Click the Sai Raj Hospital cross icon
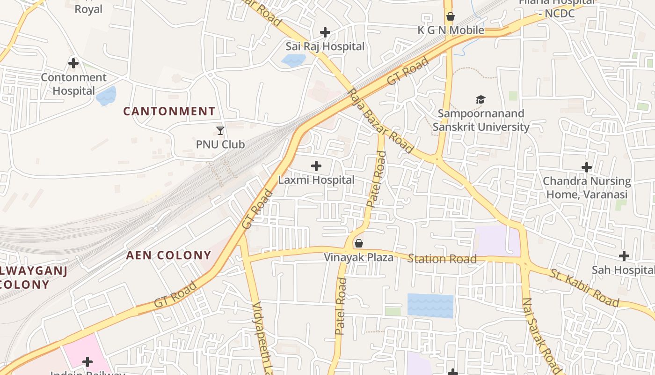pos(325,32)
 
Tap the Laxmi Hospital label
pos(316,180)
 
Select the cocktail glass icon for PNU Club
pos(220,131)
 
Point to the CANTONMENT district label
pos(169,112)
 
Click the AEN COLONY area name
pos(169,255)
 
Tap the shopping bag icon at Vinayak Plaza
pos(359,243)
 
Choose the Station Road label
pos(442,259)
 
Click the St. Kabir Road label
pos(584,288)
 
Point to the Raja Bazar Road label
pos(381,120)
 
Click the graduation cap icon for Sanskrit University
pos(480,99)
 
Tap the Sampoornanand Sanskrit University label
pos(481,120)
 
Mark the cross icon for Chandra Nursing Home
pos(587,167)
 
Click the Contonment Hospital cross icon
pos(73,63)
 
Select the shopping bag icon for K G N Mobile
pos(451,17)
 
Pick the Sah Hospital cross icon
pos(624,256)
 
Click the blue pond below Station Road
pos(430,305)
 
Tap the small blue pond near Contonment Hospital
pos(106,96)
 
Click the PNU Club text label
pos(220,144)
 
